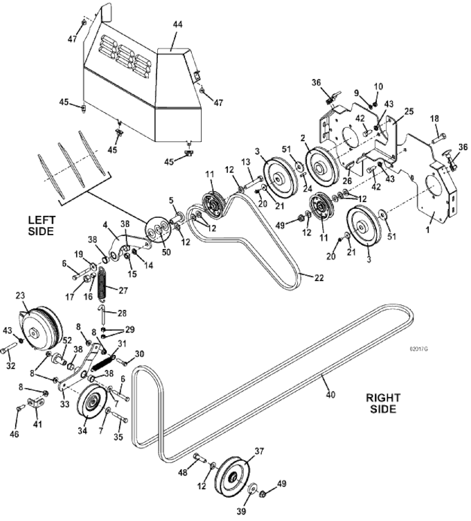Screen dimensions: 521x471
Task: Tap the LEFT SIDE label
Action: tap(40, 225)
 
